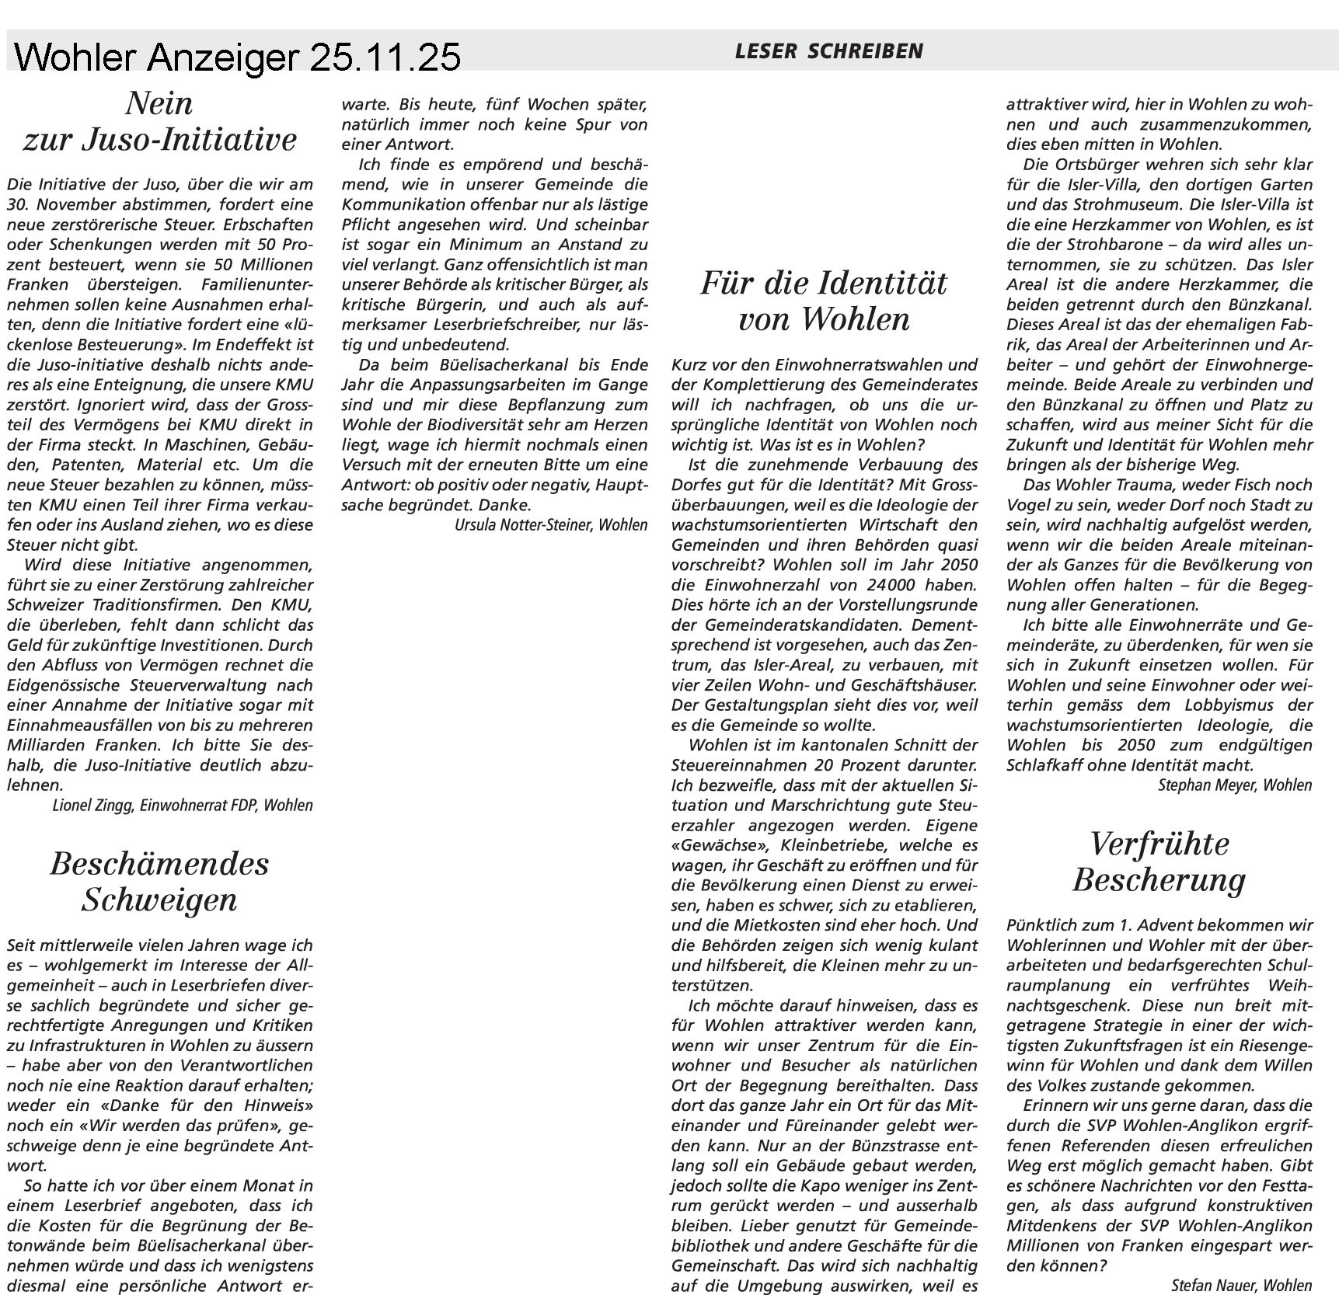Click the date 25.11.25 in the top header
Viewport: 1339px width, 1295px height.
pyautogui.click(x=385, y=57)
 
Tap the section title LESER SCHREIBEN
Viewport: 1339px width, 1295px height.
pyautogui.click(x=828, y=52)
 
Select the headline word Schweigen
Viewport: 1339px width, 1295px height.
pyautogui.click(x=159, y=900)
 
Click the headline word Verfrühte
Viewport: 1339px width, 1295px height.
pyautogui.click(x=1159, y=844)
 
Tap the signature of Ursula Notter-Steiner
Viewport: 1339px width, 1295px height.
pyautogui.click(x=550, y=525)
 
